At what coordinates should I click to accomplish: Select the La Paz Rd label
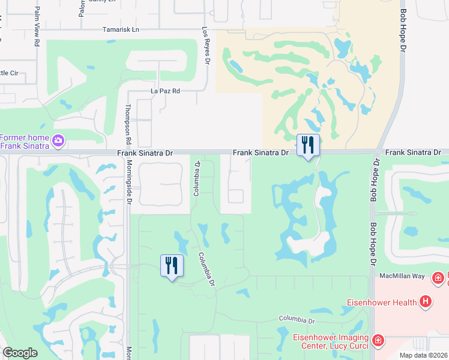[165, 91]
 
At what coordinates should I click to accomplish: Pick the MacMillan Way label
[403, 276]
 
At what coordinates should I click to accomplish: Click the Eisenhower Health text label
[382, 302]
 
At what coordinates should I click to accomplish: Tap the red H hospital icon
[426, 301]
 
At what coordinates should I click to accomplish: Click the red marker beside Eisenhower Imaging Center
[378, 341]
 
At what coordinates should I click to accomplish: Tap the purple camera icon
[58, 141]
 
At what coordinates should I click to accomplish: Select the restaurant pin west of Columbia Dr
[172, 266]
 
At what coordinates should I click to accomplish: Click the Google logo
[20, 353]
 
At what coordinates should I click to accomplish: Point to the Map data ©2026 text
[423, 355]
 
